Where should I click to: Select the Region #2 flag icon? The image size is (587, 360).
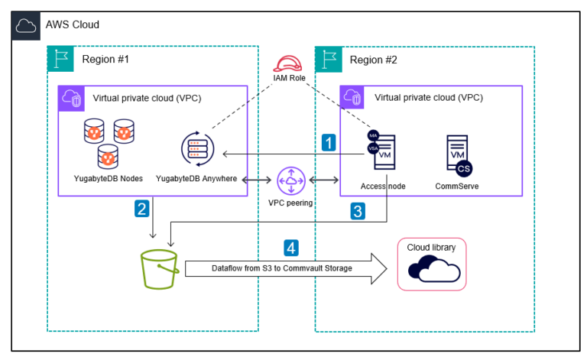point(328,59)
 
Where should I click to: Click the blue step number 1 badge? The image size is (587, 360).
point(329,142)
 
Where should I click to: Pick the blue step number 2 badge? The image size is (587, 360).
point(142,208)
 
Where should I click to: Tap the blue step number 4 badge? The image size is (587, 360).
point(290,246)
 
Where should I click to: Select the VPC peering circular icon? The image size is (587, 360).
point(290,180)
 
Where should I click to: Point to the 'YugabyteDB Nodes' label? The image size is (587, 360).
point(103,179)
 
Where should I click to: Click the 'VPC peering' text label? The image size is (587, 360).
point(290,203)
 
